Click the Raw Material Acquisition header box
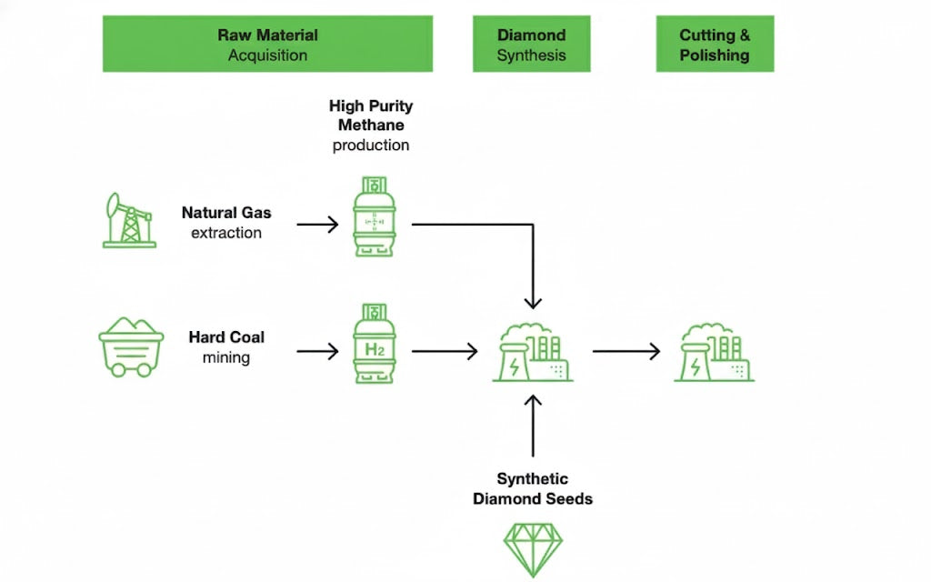coord(267,44)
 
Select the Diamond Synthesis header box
coord(531,44)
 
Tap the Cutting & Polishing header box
coord(715,44)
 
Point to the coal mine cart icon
coord(131,346)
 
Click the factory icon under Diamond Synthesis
coord(534,351)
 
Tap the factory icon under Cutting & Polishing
coord(715,351)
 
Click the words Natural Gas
coord(226,214)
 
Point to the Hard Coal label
coord(226,337)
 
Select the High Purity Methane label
coord(371,115)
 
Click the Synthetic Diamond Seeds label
coord(533,488)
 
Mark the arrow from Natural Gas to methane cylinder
coord(317,224)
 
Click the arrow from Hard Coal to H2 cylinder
coord(317,350)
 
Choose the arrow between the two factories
coord(626,350)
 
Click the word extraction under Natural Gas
coord(226,233)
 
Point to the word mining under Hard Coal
coord(226,357)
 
